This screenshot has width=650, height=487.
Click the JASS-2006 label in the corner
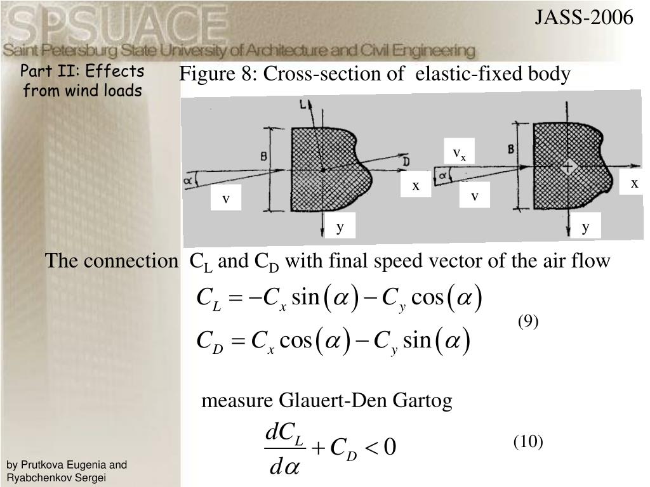pyautogui.click(x=583, y=17)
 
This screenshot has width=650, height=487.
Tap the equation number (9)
pyautogui.click(x=527, y=321)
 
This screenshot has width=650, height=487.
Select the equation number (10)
pyautogui.click(x=528, y=441)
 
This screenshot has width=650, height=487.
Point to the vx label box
pyautogui.click(x=459, y=153)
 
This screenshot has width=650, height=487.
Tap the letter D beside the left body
pyautogui.click(x=406, y=162)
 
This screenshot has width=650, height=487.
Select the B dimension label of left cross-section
pyautogui.click(x=262, y=156)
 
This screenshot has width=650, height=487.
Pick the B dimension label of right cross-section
pyautogui.click(x=511, y=150)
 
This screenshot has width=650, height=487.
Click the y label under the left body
pyautogui.click(x=340, y=226)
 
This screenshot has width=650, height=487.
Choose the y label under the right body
pyautogui.click(x=586, y=226)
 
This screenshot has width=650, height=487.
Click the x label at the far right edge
pyautogui.click(x=634, y=183)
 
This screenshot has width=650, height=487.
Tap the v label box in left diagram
pyautogui.click(x=225, y=199)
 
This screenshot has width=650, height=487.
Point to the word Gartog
pyautogui.click(x=422, y=401)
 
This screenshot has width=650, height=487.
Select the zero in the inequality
pyautogui.click(x=390, y=447)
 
